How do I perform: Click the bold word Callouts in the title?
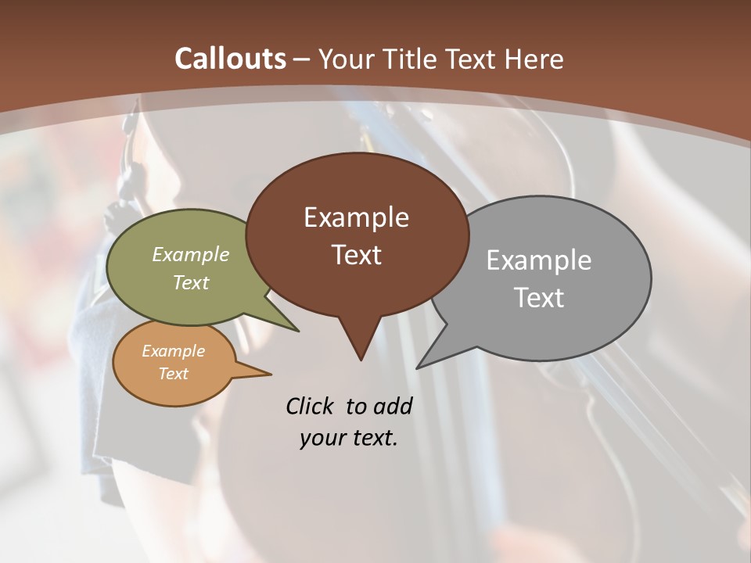click(x=231, y=59)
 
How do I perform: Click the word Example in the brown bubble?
click(x=356, y=217)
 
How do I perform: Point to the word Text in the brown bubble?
click(x=356, y=255)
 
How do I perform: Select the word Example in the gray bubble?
click(x=538, y=260)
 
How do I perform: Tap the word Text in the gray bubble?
click(x=539, y=298)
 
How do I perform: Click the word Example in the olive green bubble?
click(x=191, y=254)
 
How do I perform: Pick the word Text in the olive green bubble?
click(x=191, y=282)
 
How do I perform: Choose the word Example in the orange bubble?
click(x=173, y=351)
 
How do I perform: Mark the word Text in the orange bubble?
click(x=173, y=374)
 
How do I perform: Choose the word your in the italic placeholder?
click(x=322, y=438)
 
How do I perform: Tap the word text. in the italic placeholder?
click(x=375, y=438)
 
